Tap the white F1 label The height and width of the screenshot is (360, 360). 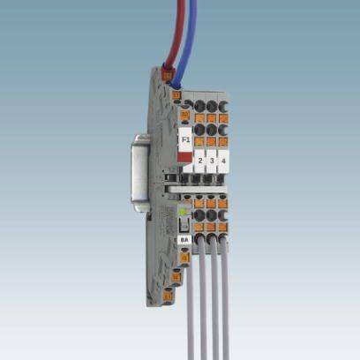pos(185,140)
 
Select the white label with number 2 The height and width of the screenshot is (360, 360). pos(201,161)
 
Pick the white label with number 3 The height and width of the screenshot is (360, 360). pos(213,161)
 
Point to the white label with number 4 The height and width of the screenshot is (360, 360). pos(224,161)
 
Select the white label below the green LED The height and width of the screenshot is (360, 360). pos(184,238)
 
